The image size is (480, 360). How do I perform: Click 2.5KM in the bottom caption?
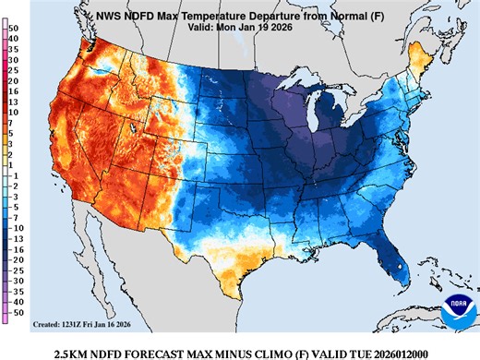point(74,353)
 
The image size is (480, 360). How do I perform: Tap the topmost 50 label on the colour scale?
point(16,29)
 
